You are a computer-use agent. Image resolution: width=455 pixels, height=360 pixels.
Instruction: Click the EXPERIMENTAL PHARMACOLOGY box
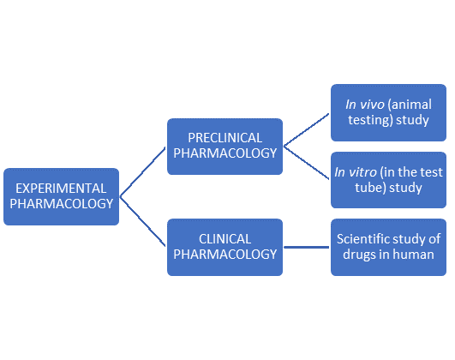pos(60,196)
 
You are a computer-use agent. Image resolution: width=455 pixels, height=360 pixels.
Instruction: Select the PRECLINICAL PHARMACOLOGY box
pos(225,146)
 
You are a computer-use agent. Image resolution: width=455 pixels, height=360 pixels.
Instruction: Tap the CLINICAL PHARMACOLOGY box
pos(225,247)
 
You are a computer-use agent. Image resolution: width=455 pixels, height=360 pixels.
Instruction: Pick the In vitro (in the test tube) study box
pos(386,180)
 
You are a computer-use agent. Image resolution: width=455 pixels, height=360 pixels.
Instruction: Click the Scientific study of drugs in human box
pos(386,247)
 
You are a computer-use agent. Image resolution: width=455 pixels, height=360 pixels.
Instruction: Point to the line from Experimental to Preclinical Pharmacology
pos(143,171)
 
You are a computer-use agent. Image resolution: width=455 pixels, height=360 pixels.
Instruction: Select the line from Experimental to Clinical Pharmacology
pos(143,221)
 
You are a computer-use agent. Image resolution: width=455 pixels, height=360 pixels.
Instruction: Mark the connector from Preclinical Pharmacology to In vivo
pos(307,130)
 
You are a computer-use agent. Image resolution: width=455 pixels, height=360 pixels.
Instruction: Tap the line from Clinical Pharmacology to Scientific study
pos(307,247)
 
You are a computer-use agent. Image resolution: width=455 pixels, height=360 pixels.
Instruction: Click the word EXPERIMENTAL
pos(60,188)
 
